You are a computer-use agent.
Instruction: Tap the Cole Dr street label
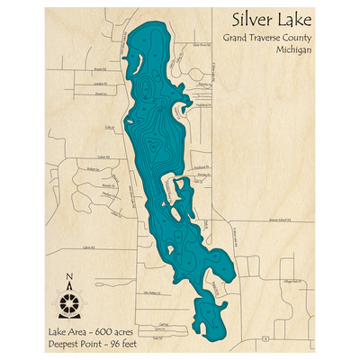pyautogui.click(x=110, y=129)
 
